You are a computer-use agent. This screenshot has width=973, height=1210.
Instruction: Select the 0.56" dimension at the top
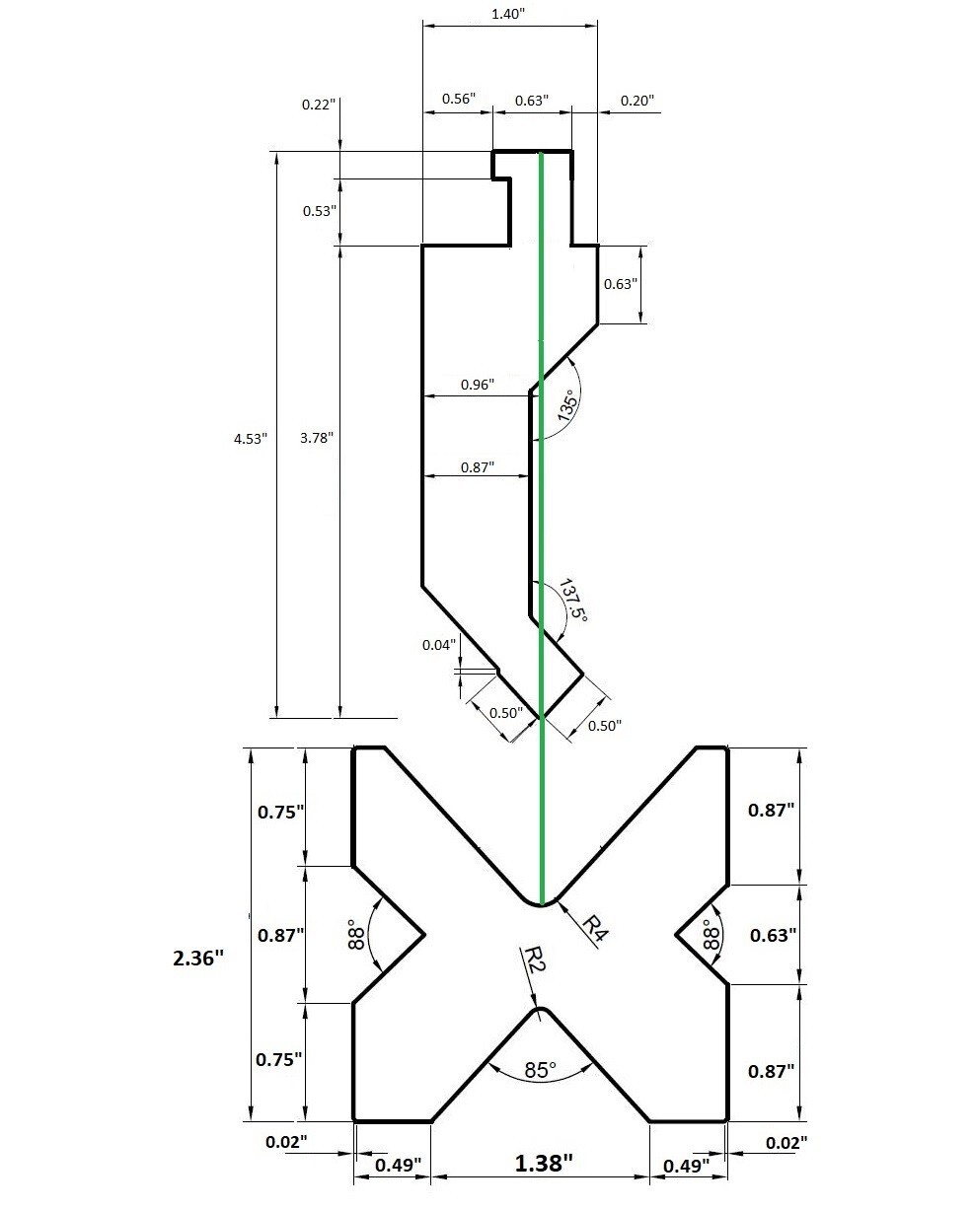tap(458, 99)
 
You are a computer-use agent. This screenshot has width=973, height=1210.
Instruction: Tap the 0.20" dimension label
tap(636, 101)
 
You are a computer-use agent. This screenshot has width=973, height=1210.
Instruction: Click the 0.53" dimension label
tap(318, 210)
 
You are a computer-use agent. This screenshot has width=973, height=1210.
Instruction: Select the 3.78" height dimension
tap(317, 439)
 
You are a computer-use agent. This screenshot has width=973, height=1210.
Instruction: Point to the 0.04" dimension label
tap(440, 645)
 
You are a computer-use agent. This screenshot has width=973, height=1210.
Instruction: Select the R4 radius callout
tap(593, 927)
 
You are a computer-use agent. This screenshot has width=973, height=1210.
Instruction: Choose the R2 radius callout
tap(533, 960)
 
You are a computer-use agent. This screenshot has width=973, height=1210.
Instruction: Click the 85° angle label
tap(540, 1068)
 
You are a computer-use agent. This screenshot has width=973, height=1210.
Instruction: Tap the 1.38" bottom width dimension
tap(544, 1164)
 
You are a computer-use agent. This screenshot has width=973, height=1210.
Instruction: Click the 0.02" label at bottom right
tap(786, 1142)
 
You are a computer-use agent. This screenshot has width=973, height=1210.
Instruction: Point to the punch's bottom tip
tap(542, 717)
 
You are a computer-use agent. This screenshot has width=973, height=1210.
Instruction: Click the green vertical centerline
tap(541, 493)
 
